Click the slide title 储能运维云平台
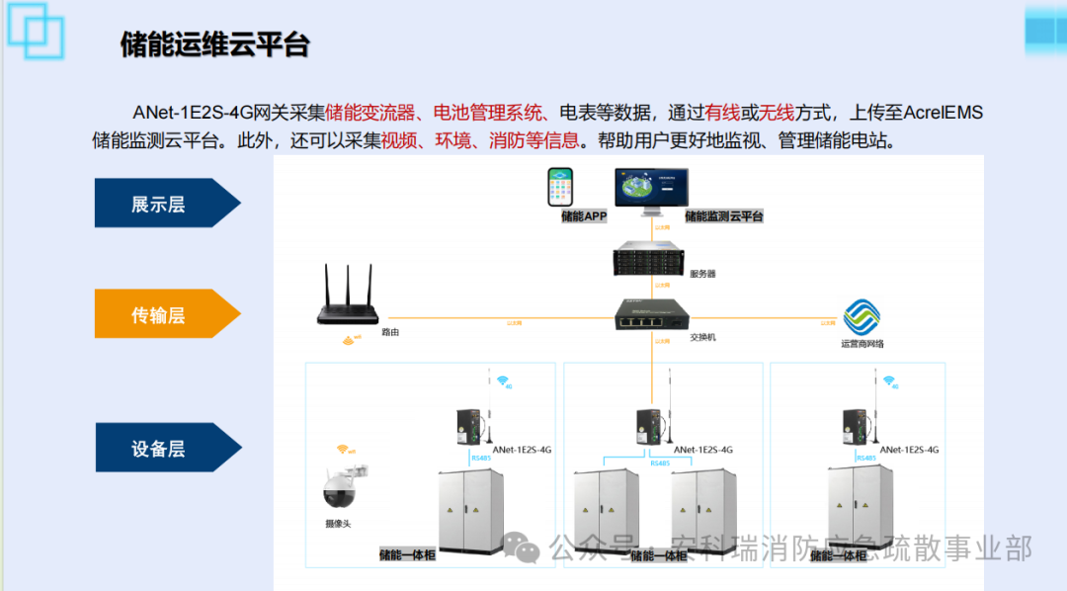click(215, 44)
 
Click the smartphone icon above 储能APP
click(564, 187)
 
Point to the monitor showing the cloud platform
click(652, 188)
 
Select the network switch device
click(650, 315)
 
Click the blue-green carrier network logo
click(862, 317)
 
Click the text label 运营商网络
click(862, 344)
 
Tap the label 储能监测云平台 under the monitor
click(723, 215)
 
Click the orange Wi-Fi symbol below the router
click(349, 341)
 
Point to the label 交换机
click(702, 337)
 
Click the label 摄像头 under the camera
click(338, 524)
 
